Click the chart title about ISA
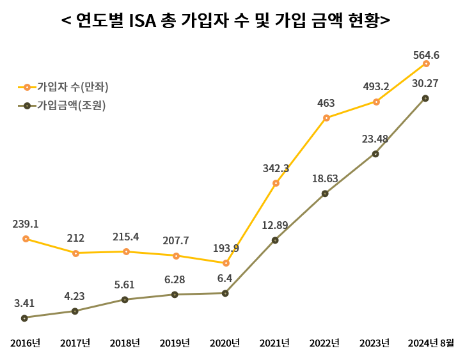click(226, 21)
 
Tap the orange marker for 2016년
click(26, 239)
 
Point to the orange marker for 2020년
click(226, 263)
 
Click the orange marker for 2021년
click(276, 184)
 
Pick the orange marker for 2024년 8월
click(426, 64)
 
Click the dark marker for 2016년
click(24, 318)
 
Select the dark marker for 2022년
click(325, 194)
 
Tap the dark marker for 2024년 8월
click(425, 98)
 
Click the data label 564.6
click(426, 55)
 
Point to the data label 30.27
click(425, 83)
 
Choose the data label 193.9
click(226, 248)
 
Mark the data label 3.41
click(25, 303)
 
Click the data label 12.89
click(275, 225)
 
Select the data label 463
click(326, 103)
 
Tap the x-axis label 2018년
click(125, 343)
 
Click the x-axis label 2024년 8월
click(430, 343)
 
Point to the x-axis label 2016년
click(25, 343)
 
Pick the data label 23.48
click(375, 139)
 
